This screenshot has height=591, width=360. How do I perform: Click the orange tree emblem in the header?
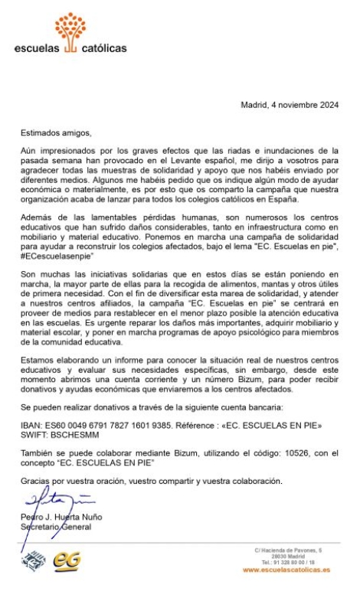pyautogui.click(x=70, y=29)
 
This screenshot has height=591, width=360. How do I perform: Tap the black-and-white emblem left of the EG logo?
pyautogui.click(x=33, y=561)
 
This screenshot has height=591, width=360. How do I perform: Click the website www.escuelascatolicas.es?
pyautogui.click(x=286, y=570)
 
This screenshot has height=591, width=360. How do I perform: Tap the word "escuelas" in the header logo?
pyautogui.click(x=36, y=48)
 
